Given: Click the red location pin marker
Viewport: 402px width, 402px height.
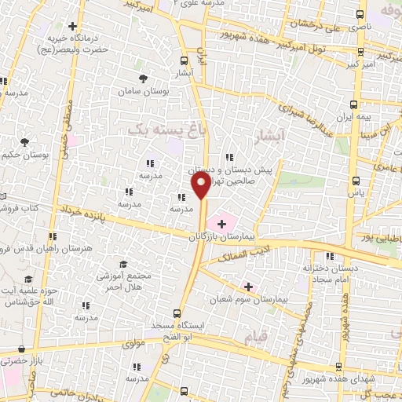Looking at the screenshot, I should point(201,186).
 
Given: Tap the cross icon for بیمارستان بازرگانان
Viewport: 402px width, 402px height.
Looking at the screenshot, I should point(221,225).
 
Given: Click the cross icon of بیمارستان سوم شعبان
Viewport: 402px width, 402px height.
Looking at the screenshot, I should point(249,287).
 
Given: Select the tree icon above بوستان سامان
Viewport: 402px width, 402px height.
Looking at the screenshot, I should point(143,79).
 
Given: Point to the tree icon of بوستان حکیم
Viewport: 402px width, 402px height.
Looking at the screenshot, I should point(24,142).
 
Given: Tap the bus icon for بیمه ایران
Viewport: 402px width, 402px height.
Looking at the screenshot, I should point(354,104).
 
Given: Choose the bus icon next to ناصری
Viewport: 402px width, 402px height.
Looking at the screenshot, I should point(360,14).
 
